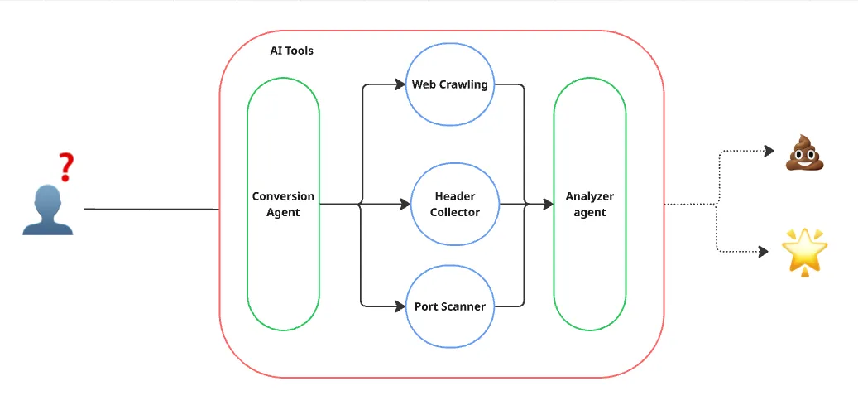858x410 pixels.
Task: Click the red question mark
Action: coord(66,167)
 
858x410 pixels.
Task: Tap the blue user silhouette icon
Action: coord(48,210)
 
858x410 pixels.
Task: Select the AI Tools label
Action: coord(292,51)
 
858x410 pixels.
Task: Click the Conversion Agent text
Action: coord(283,205)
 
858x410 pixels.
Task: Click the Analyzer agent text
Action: coord(590,205)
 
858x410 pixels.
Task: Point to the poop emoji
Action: coord(804,152)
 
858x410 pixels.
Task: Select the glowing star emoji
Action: coord(804,252)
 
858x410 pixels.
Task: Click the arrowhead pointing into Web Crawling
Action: coord(400,85)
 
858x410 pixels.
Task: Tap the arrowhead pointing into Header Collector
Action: coord(405,205)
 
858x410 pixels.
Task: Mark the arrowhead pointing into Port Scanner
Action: coord(400,306)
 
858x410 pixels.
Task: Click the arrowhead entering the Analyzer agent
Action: coord(548,205)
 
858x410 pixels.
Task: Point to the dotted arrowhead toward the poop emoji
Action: coord(769,150)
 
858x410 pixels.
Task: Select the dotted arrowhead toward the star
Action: coord(763,252)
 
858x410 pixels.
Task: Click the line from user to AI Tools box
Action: coord(151,209)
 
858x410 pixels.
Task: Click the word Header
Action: coord(455,196)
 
